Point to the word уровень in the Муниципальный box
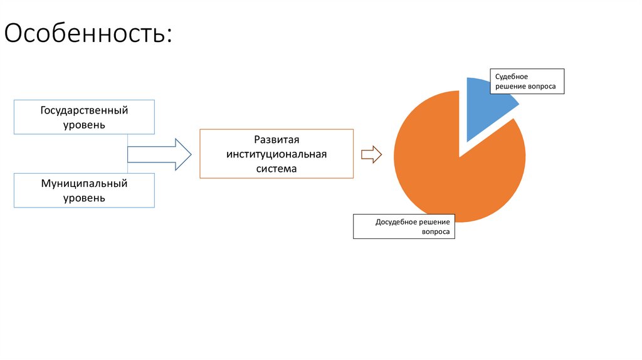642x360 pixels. [84, 198]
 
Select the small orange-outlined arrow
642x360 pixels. [371, 154]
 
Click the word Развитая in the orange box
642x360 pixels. [276, 140]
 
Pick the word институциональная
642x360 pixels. [276, 154]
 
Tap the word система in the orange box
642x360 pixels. [276, 169]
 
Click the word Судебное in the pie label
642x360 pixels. [512, 76]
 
